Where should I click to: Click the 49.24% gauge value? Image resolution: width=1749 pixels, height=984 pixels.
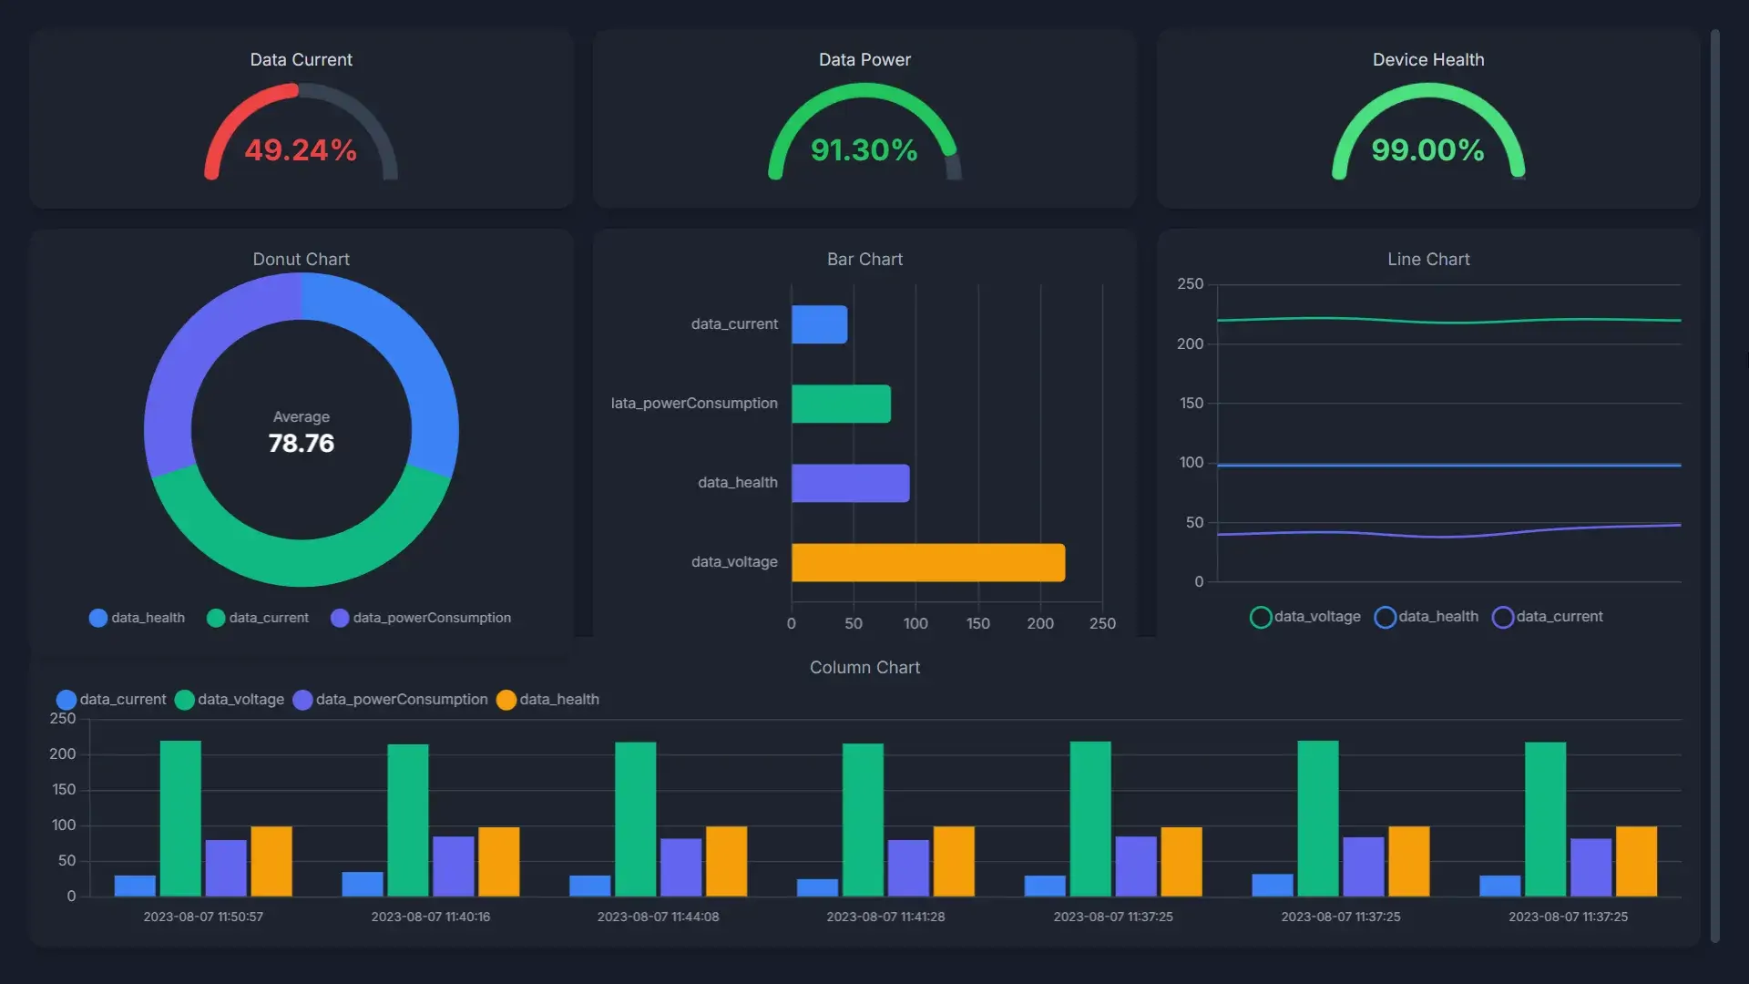pyautogui.click(x=301, y=150)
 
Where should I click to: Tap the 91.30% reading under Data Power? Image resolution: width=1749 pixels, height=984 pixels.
pyautogui.click(x=864, y=150)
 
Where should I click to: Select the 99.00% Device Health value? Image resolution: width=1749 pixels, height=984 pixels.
pyautogui.click(x=1427, y=150)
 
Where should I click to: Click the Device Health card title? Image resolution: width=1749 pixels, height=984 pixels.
pyautogui.click(x=1427, y=60)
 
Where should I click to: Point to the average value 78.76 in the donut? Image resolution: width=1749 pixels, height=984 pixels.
pyautogui.click(x=301, y=444)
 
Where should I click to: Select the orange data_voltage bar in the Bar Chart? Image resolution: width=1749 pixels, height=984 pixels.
pyautogui.click(x=927, y=562)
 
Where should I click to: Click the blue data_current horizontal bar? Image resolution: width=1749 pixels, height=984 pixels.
pyautogui.click(x=819, y=324)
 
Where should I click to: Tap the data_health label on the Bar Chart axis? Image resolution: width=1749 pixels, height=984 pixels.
pyautogui.click(x=737, y=483)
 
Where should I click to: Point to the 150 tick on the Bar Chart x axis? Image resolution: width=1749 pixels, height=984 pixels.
pyautogui.click(x=977, y=624)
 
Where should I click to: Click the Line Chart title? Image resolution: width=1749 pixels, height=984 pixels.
pyautogui.click(x=1427, y=260)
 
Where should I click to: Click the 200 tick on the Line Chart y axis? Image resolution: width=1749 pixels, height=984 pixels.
pyautogui.click(x=1190, y=344)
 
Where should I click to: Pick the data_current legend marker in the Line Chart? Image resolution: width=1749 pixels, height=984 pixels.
pyautogui.click(x=1502, y=618)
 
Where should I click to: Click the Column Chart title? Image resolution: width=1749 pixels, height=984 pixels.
pyautogui.click(x=864, y=668)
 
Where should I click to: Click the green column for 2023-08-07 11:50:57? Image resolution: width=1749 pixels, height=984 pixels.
pyautogui.click(x=180, y=818)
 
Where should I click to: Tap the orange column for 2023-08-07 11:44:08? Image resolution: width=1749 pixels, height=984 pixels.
pyautogui.click(x=726, y=861)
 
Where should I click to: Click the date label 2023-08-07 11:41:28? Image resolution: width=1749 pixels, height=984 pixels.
pyautogui.click(x=885, y=917)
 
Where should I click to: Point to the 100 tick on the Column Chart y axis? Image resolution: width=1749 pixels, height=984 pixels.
pyautogui.click(x=64, y=825)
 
